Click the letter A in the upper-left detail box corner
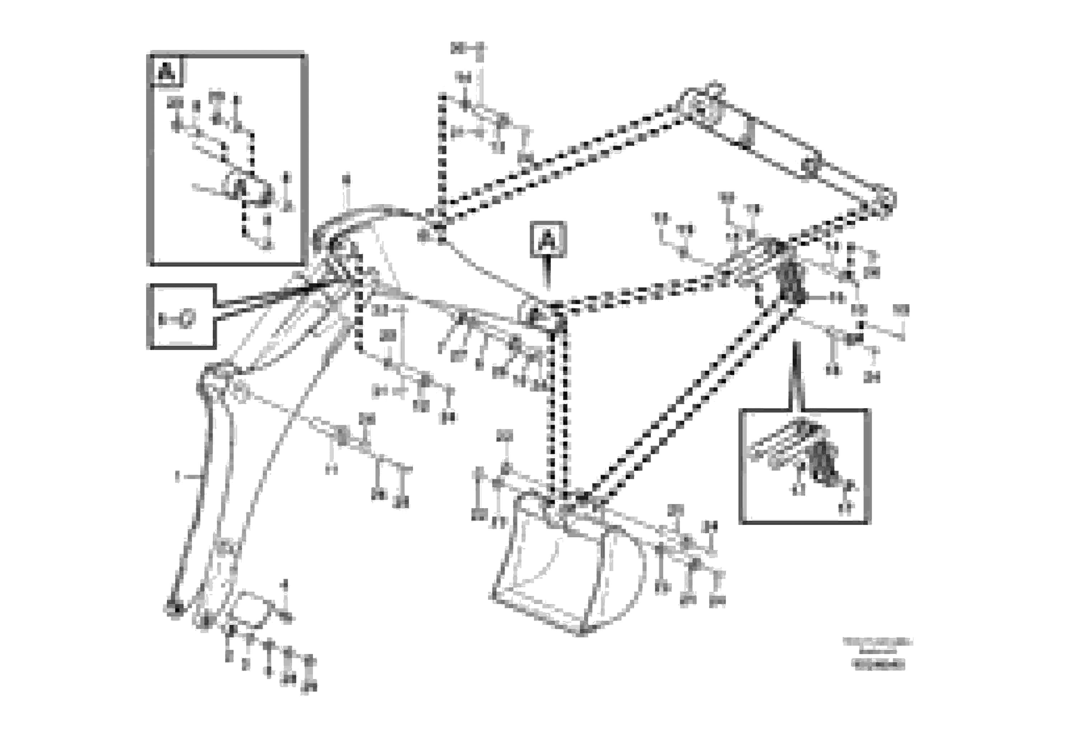(x=167, y=71)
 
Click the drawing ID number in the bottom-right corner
(x=878, y=665)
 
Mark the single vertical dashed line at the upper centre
(x=441, y=154)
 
